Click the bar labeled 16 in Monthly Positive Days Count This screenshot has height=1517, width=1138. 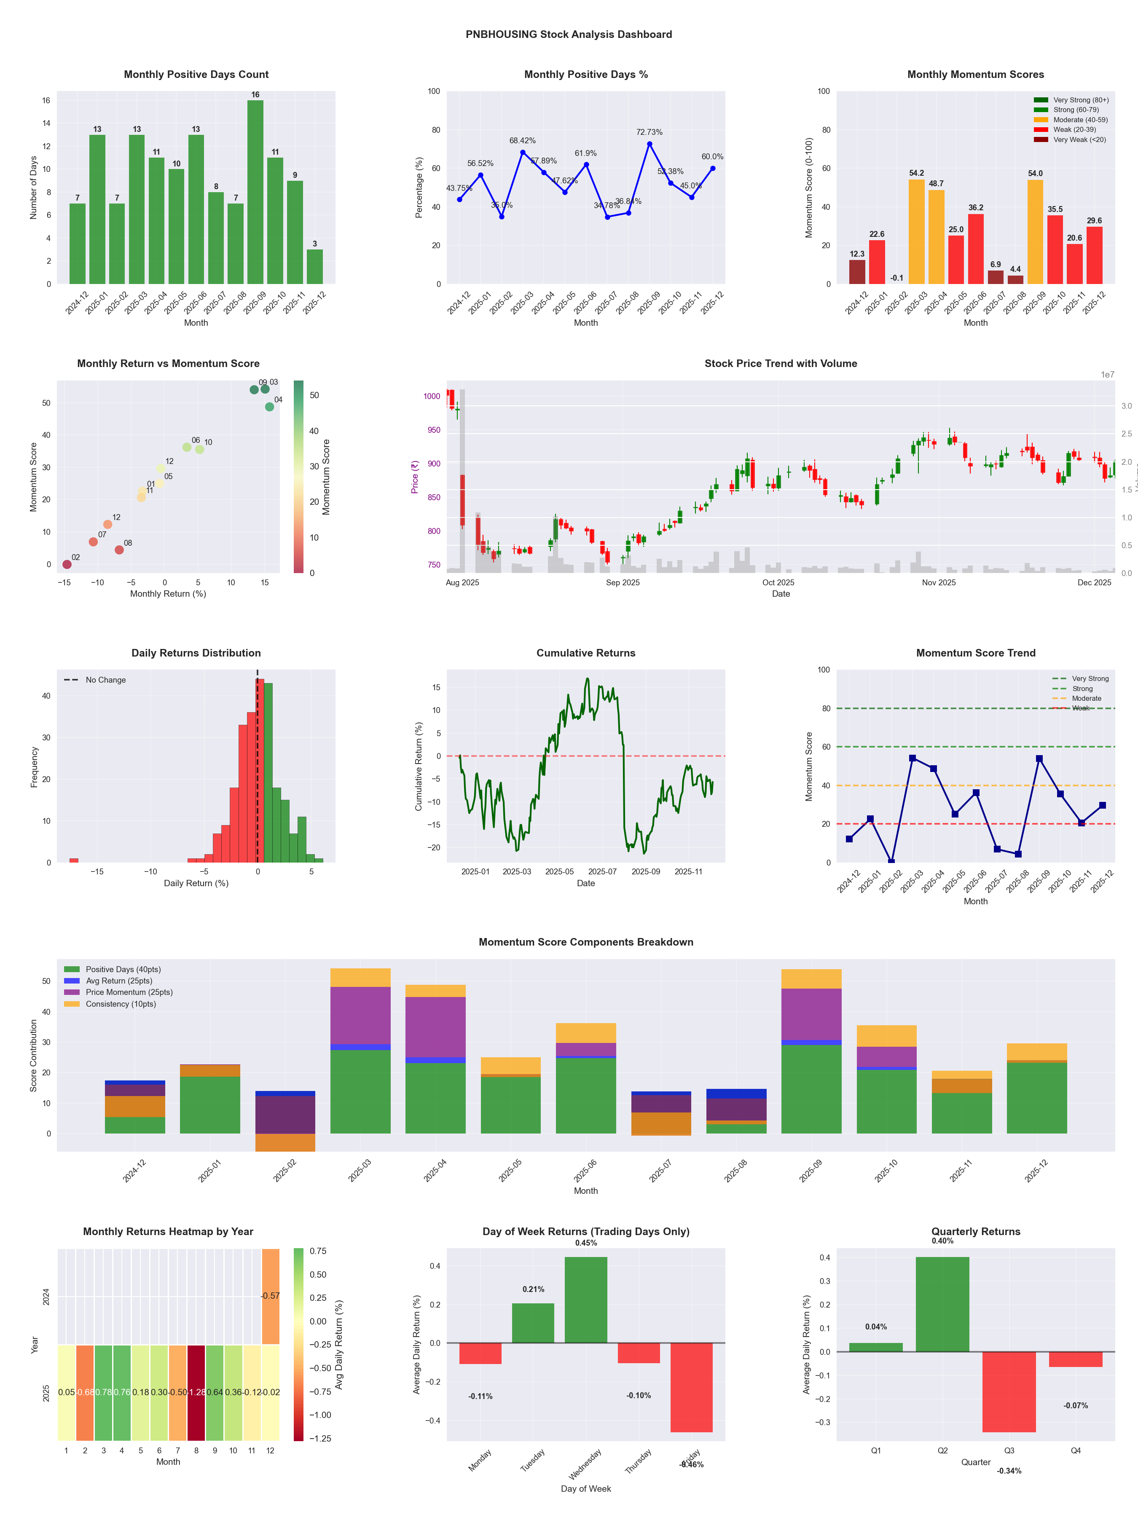(x=255, y=192)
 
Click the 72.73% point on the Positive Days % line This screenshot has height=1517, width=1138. (x=650, y=144)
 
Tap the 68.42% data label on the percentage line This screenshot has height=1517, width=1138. (x=522, y=141)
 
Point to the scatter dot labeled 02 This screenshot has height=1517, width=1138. (x=67, y=564)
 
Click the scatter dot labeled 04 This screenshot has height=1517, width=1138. (x=270, y=407)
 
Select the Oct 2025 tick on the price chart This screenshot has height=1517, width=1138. (x=778, y=583)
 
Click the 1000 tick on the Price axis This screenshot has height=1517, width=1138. (x=432, y=397)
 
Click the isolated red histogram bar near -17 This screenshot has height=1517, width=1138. (x=74, y=860)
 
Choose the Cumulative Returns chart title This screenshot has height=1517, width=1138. (x=586, y=653)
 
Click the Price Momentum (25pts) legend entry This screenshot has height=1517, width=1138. (x=129, y=992)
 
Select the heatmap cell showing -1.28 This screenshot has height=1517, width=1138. (x=196, y=1392)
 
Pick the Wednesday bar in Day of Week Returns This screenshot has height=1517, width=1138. (x=586, y=1300)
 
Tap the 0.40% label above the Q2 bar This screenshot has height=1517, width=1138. (x=942, y=1241)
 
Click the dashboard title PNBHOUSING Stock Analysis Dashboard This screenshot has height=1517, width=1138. (x=569, y=34)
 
